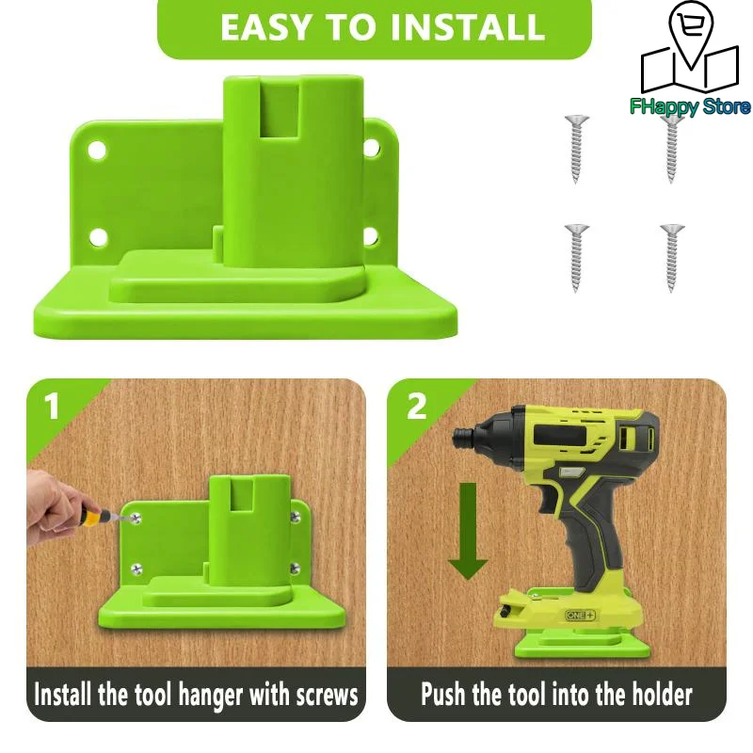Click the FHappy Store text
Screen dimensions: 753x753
[x=690, y=106]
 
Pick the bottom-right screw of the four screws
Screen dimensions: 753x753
[x=671, y=256]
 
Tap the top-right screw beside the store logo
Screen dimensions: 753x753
[x=671, y=148]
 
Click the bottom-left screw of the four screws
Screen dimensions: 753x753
[x=575, y=256]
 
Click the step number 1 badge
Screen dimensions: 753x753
[x=51, y=407]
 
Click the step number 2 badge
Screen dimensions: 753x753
[x=416, y=407]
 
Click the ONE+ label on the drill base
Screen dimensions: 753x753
[x=580, y=616]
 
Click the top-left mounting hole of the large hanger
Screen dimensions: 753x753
[x=94, y=149]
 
